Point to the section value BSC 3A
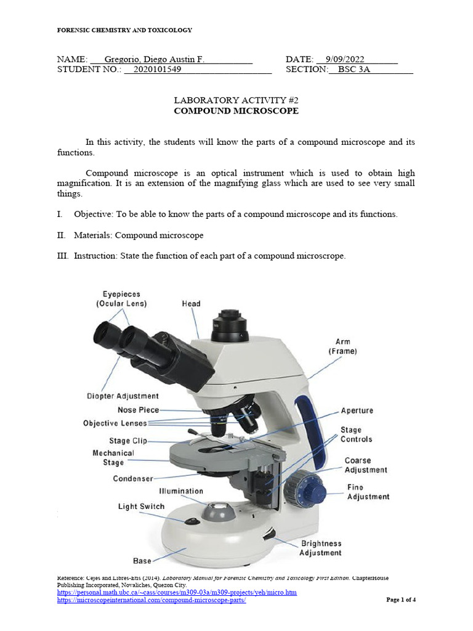tap(354, 70)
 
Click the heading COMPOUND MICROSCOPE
tap(236, 111)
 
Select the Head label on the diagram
tap(191, 304)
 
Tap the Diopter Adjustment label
tap(123, 396)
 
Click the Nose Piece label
tap(138, 410)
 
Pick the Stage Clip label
tap(128, 441)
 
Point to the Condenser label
tap(132, 478)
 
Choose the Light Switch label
tap(142, 507)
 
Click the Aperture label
tap(357, 410)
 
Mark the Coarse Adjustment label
tap(366, 465)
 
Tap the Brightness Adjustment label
tap(320, 548)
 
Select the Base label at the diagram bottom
tap(142, 561)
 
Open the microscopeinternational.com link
tap(152, 601)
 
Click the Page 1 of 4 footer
tap(401, 600)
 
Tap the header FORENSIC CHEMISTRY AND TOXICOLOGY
tap(124, 30)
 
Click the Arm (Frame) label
tap(342, 346)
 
